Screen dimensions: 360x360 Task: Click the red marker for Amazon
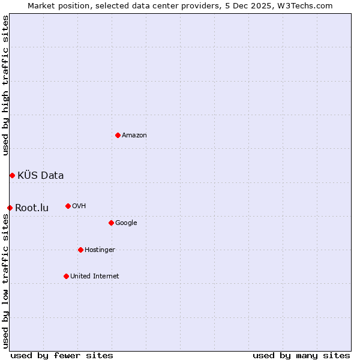118,135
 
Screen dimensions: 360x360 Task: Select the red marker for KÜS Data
12,175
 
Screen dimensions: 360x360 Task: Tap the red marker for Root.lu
10,208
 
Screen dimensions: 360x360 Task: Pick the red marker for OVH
68,206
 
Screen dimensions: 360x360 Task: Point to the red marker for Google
111,223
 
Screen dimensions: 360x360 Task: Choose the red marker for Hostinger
80,250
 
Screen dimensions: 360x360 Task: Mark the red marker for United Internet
66,276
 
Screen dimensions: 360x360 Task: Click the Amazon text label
134,135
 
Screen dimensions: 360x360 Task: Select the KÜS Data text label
41,175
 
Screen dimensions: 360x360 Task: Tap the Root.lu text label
32,208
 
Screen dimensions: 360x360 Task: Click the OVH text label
79,206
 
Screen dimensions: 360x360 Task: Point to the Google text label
126,223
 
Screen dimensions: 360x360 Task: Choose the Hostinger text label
100,250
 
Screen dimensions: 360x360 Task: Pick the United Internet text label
95,276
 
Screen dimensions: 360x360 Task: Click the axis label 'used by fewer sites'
62,355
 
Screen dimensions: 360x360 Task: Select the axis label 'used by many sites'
301,355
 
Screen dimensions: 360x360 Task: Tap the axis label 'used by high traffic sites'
5,85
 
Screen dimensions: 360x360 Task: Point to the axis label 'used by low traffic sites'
5,281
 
